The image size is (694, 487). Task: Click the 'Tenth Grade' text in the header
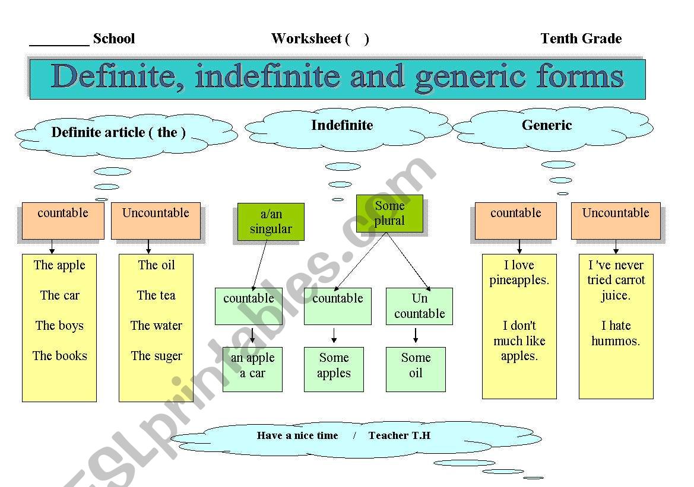pyautogui.click(x=581, y=39)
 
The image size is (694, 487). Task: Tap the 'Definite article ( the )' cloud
pyautogui.click(x=119, y=132)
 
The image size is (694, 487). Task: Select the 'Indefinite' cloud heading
pyautogui.click(x=342, y=125)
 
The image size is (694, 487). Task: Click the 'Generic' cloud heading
pyautogui.click(x=547, y=125)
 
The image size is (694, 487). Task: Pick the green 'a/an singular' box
pyautogui.click(x=271, y=222)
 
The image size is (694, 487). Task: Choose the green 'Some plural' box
pyautogui.click(x=389, y=214)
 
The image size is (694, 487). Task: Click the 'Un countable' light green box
pyautogui.click(x=419, y=306)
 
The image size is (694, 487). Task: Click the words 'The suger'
pyautogui.click(x=157, y=356)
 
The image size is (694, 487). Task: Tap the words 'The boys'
pyautogui.click(x=59, y=326)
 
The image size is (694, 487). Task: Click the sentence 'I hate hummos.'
pyautogui.click(x=616, y=333)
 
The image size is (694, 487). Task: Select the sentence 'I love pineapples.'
pyautogui.click(x=519, y=273)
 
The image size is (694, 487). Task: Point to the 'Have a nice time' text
pyautogui.click(x=297, y=435)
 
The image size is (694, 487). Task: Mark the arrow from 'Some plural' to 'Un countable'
pyautogui.click(x=410, y=261)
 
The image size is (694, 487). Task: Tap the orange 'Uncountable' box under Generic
pyautogui.click(x=616, y=221)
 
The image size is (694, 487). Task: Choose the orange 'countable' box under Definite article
pyautogui.click(x=63, y=221)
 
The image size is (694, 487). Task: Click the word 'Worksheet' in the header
pyautogui.click(x=306, y=39)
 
